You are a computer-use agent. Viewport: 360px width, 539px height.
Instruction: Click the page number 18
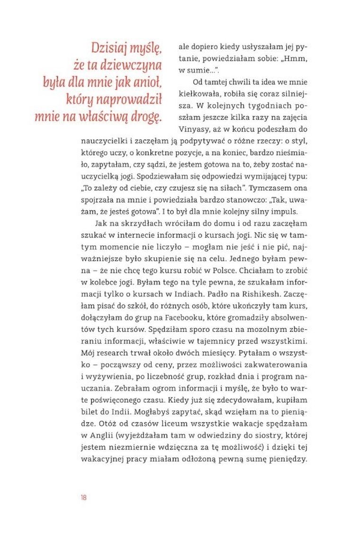[83, 497]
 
